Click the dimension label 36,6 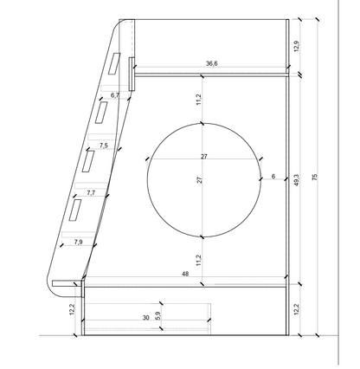[x=211, y=63]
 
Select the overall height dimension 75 [x=315, y=177]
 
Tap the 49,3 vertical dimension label [x=297, y=180]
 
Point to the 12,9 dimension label [x=297, y=46]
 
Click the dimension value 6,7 [x=115, y=95]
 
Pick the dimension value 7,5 [x=104, y=146]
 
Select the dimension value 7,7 [x=91, y=192]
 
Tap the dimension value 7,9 [x=79, y=242]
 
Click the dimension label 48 [x=185, y=274]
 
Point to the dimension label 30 [x=146, y=318]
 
